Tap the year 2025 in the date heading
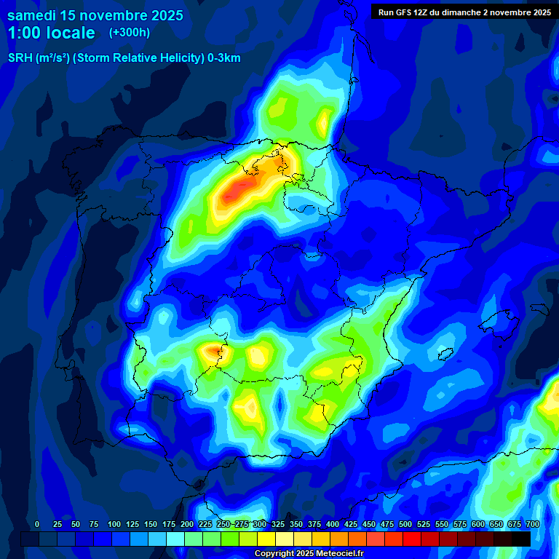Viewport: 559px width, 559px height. [x=163, y=15]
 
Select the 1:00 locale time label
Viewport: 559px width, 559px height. [x=51, y=33]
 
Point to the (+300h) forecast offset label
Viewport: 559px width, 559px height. [x=130, y=33]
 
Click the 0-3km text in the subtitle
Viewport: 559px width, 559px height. [x=223, y=58]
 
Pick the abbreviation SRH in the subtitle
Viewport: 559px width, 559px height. [x=20, y=58]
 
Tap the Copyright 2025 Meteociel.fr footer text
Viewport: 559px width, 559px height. [x=309, y=554]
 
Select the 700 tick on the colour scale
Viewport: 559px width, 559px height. [x=532, y=524]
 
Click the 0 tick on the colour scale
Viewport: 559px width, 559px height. [x=37, y=524]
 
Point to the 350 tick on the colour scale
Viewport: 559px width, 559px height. [x=296, y=524]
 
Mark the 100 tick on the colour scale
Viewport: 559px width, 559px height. [x=114, y=524]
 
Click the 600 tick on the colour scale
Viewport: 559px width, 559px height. [x=478, y=524]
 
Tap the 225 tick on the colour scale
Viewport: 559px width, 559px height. [x=205, y=524]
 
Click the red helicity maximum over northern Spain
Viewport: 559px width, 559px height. [x=237, y=191]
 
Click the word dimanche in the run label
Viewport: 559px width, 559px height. [x=459, y=12]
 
